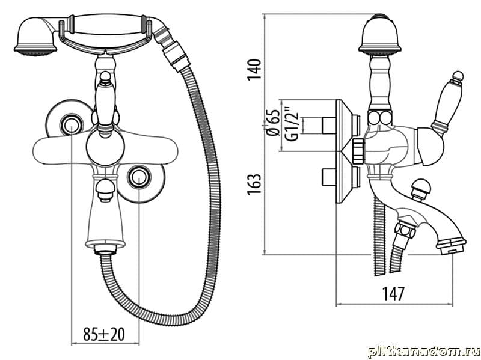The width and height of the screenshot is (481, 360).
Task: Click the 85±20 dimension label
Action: (x=104, y=334)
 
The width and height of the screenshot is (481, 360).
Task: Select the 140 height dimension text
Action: (x=255, y=70)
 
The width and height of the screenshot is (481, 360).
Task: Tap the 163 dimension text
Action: (x=254, y=184)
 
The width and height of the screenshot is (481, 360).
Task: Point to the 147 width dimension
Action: (x=394, y=293)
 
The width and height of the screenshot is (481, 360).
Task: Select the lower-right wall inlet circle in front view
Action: (x=139, y=177)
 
